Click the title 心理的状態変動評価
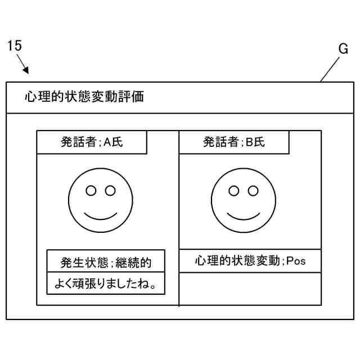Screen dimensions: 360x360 coord(84,97)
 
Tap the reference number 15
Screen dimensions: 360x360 coord(15,46)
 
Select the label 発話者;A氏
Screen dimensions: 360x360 coord(92,142)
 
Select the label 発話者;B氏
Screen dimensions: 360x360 coord(234,142)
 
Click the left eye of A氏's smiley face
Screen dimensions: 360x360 coord(90,190)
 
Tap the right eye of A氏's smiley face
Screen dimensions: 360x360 coord(110,190)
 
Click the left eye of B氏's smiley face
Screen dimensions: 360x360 coord(233,190)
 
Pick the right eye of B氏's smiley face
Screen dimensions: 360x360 coord(253,190)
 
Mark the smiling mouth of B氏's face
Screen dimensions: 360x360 coord(243,214)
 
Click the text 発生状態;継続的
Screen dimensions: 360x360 coord(106,263)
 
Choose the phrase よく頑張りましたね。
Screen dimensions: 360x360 coord(106,285)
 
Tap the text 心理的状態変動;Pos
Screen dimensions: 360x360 coord(250,261)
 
